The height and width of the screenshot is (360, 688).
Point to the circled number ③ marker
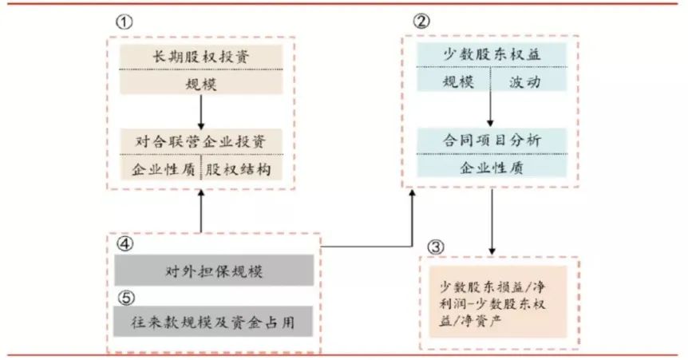click(x=435, y=247)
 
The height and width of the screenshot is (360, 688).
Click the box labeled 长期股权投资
click(x=200, y=57)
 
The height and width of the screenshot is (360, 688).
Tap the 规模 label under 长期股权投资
click(x=200, y=82)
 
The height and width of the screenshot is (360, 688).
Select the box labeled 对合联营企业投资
click(x=200, y=143)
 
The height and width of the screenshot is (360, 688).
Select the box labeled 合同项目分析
click(x=491, y=140)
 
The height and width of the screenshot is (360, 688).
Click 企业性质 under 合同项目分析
click(x=491, y=167)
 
